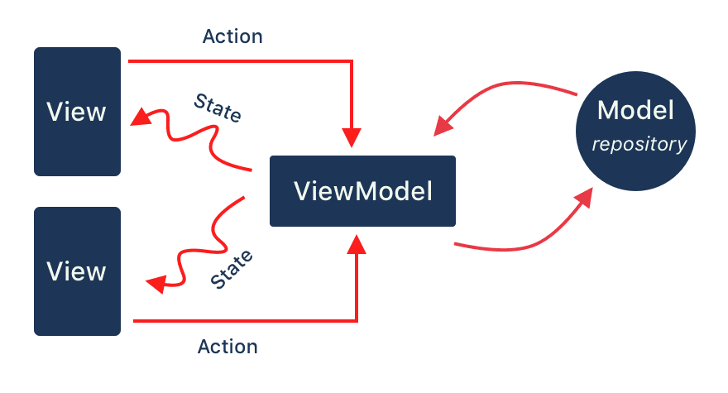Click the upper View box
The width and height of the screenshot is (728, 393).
(77, 112)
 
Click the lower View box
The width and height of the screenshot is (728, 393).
(77, 271)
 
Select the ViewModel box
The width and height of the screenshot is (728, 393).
(362, 191)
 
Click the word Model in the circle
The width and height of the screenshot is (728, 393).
(636, 110)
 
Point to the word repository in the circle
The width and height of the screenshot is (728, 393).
(639, 145)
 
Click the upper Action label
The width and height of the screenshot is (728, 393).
(232, 36)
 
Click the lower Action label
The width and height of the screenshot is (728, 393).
(227, 346)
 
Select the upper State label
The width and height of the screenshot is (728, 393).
(217, 108)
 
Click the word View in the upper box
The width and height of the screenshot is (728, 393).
(77, 112)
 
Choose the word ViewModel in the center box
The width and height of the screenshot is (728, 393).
(362, 191)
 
